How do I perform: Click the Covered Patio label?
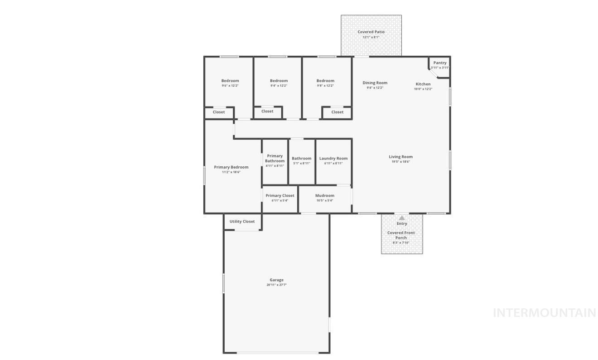(371, 32)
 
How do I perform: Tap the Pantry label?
(439, 63)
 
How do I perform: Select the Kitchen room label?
(423, 84)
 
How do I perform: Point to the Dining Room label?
(375, 83)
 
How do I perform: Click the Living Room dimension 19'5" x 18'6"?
(400, 162)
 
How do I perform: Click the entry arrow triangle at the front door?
(401, 218)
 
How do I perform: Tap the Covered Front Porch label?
(401, 235)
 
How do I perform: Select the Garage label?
(276, 280)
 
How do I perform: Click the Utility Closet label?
(242, 222)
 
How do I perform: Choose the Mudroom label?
(324, 195)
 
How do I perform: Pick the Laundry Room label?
(333, 158)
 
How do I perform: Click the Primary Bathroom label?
(275, 158)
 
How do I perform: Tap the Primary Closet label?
(280, 195)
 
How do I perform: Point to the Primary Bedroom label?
(231, 167)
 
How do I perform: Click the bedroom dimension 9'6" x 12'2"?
(230, 86)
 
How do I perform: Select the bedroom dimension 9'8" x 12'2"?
(325, 86)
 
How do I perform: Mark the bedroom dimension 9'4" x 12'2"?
(279, 86)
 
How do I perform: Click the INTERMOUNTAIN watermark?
(544, 312)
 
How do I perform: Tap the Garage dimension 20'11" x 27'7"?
(276, 285)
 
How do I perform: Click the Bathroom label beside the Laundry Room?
(301, 158)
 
